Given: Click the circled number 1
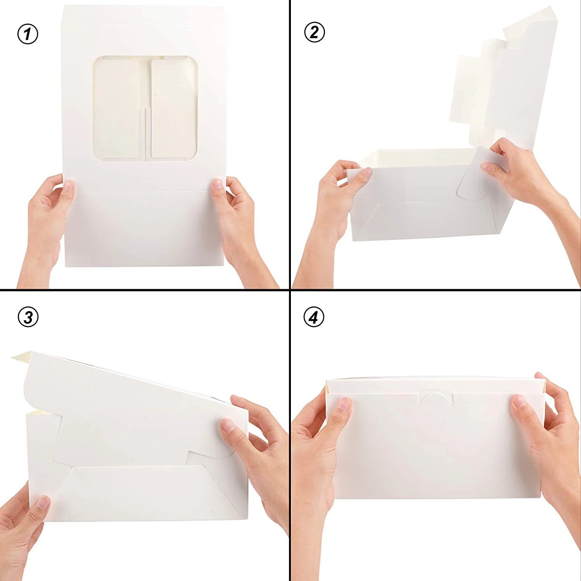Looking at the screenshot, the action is pos(28,34).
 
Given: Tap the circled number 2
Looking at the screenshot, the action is pos(314,32).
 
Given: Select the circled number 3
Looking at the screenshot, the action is pos(28,317).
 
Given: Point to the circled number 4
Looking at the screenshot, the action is pos(314,317).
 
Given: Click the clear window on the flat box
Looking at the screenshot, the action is pos(145,108).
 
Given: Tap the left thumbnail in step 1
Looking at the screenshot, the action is pos(68,186).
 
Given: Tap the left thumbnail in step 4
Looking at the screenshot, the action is pos(343,405).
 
